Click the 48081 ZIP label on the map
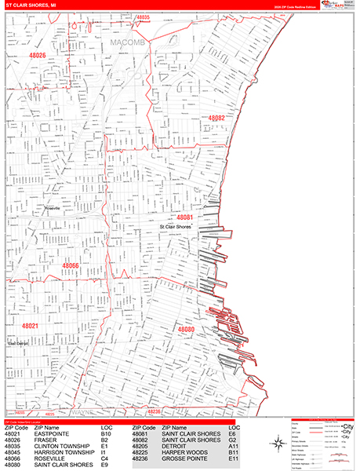tap(185, 217)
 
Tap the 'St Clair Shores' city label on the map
tap(176, 227)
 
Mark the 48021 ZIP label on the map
tap(31, 325)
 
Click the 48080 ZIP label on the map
tap(187, 330)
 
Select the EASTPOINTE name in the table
tap(52, 433)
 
